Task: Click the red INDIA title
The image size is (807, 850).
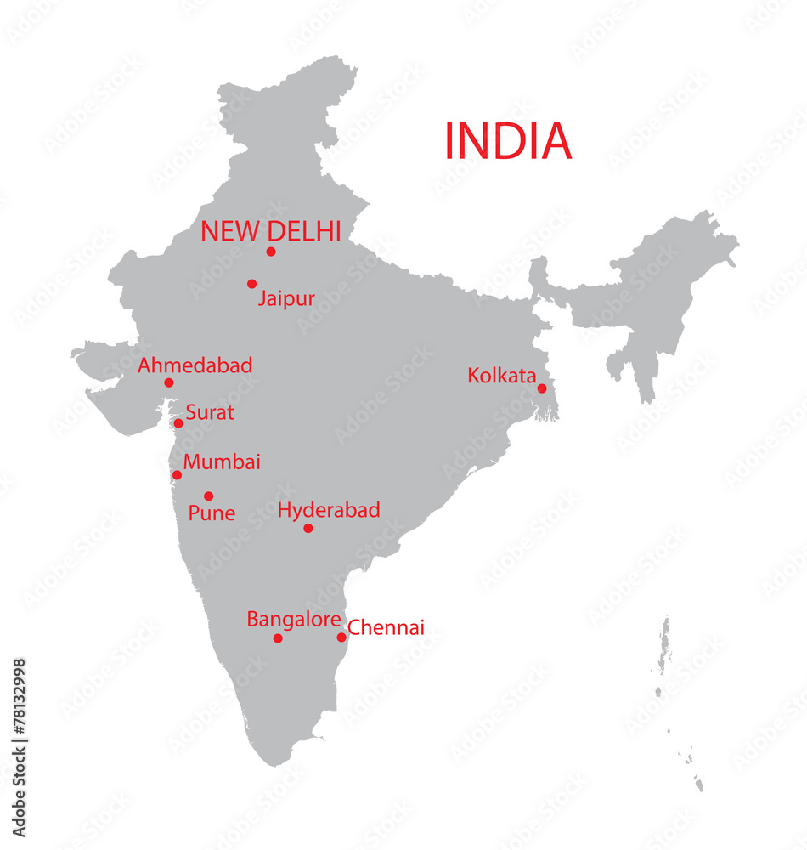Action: point(508,141)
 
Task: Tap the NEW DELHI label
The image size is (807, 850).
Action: point(270,230)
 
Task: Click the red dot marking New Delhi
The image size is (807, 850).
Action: point(271,252)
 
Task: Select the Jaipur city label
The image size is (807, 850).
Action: point(286,299)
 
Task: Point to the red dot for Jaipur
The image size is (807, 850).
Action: point(252,284)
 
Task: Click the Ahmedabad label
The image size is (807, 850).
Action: point(195,365)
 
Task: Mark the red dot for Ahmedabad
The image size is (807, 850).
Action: point(169,382)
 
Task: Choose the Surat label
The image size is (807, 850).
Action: point(209,413)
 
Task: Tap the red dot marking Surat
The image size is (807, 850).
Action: point(178,423)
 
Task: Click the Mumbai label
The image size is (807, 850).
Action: point(222,462)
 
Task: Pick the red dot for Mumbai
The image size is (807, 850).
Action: point(178,475)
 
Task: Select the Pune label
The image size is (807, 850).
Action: point(212,513)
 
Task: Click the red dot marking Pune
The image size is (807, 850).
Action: point(209,496)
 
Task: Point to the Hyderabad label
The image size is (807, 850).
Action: point(329,510)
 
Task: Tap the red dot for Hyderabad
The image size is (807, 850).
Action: point(308,529)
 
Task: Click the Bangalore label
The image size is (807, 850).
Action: point(294,620)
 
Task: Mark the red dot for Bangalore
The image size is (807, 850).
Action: point(278,638)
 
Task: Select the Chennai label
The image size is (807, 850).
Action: point(387,628)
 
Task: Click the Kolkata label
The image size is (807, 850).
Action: point(501,376)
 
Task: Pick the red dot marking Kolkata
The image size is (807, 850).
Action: point(542,388)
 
